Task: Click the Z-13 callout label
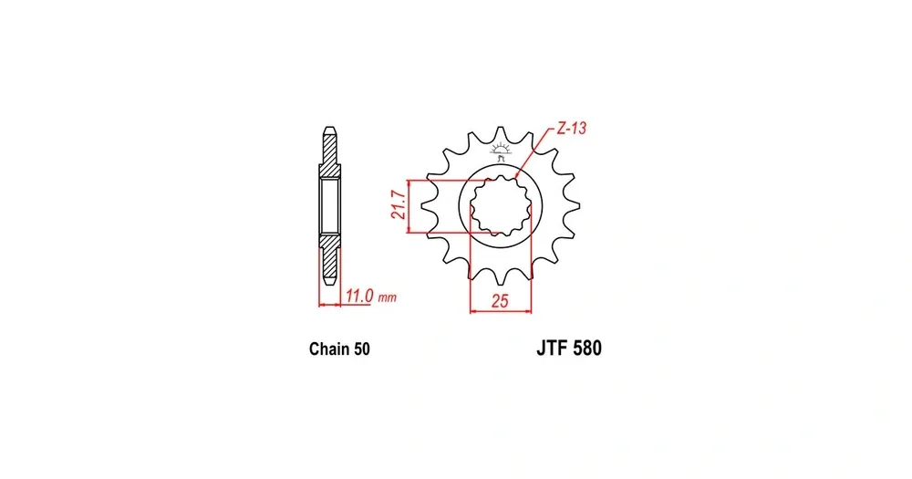click(572, 128)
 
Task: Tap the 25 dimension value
click(500, 301)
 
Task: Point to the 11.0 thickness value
click(358, 297)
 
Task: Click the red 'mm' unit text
click(387, 298)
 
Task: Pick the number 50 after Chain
click(361, 349)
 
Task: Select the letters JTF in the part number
click(552, 348)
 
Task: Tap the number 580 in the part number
click(587, 348)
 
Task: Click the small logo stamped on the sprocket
click(500, 151)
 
